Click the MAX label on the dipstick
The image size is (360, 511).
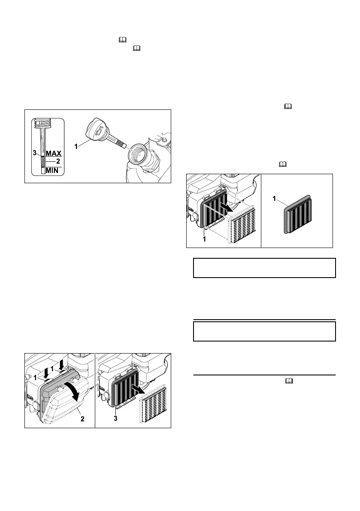[x=54, y=153]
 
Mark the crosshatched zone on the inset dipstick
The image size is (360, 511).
[x=42, y=162]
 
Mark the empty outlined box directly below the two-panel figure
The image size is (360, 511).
[x=264, y=268]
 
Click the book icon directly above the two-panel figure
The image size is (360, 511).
[x=287, y=165]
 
